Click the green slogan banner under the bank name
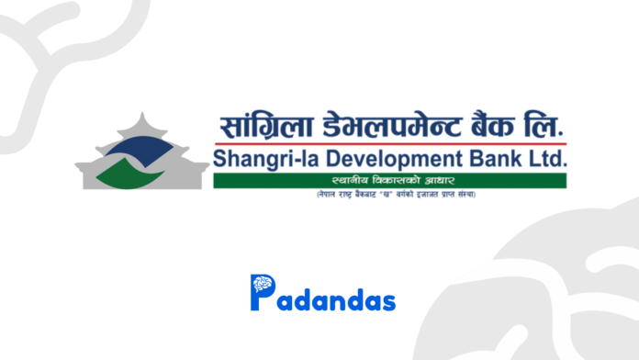click(x=390, y=181)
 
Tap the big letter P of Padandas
click(x=262, y=293)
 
